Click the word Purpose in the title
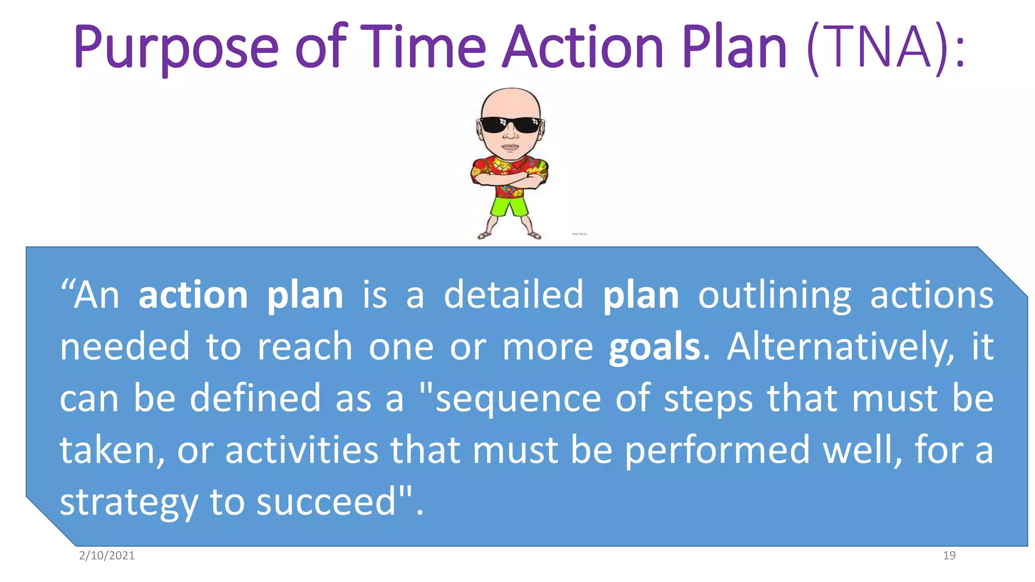pos(176,48)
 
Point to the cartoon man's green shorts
pos(509,206)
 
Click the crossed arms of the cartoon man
pos(509,180)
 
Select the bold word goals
pos(654,348)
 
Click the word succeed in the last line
pos(326,502)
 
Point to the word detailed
pos(513,295)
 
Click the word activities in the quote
pos(302,450)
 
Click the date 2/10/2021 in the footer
pos(107,556)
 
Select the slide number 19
pos(949,556)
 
